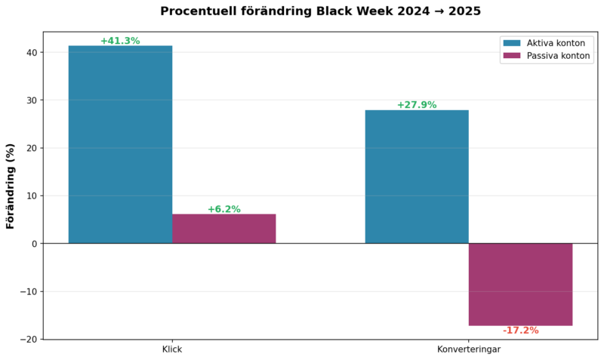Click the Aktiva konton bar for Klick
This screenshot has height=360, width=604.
point(120,144)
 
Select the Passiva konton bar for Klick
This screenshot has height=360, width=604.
point(223,229)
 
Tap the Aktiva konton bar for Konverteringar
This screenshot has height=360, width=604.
point(417,177)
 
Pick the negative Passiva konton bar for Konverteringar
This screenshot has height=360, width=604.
point(520,284)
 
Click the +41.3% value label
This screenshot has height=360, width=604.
point(120,41)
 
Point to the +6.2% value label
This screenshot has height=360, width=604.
point(223,209)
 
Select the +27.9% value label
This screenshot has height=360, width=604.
point(417,105)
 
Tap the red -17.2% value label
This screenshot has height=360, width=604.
point(520,331)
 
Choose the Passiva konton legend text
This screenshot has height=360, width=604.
point(559,56)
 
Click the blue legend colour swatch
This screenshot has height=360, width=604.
point(513,43)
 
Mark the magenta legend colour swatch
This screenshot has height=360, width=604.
point(513,56)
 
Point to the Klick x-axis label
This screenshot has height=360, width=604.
point(172,350)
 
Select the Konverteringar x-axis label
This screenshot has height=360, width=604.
point(469,350)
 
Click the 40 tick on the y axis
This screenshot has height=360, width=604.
point(31,53)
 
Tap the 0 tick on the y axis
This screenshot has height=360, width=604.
point(34,244)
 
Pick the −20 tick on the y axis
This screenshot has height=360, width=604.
point(28,340)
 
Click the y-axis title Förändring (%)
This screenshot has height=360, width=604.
point(11,186)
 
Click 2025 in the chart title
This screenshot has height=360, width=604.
point(464,11)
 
